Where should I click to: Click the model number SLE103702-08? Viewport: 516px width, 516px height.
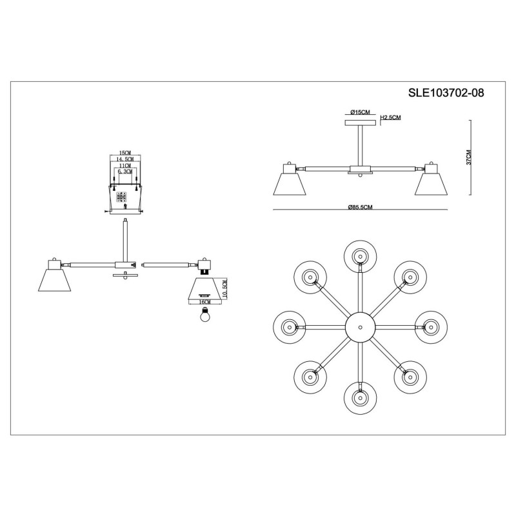coord(446,93)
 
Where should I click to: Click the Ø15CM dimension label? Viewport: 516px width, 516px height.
coord(360,112)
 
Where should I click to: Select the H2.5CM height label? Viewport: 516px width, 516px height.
coord(391,117)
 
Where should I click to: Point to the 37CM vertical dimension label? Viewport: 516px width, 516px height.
coord(469,157)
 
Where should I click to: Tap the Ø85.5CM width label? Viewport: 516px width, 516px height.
coord(361,207)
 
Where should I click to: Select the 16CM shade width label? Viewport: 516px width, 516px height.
coord(204,302)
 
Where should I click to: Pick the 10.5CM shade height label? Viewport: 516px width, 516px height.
coord(224,289)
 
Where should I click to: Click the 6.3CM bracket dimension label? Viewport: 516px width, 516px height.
coord(124,172)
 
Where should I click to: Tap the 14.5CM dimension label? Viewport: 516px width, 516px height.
coord(124,159)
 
